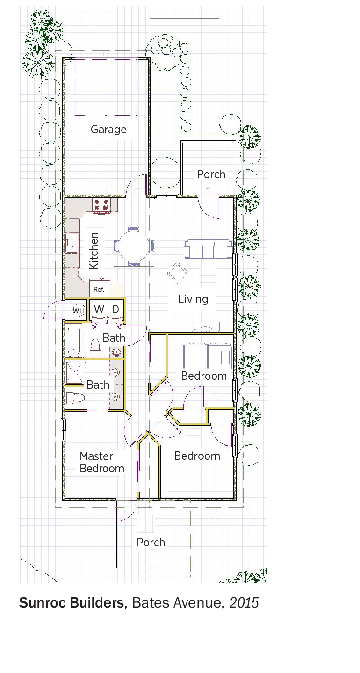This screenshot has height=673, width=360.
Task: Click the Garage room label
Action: (x=108, y=130)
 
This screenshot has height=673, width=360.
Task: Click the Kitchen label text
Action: (x=94, y=251)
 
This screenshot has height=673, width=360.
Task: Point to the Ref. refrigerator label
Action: (x=99, y=289)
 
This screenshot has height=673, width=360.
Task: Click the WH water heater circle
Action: (x=79, y=311)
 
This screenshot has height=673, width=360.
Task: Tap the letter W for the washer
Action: (x=99, y=309)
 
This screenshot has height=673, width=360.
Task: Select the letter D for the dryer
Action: (x=115, y=309)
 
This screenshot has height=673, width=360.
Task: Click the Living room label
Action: (x=193, y=299)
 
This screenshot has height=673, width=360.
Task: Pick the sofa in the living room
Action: (x=208, y=249)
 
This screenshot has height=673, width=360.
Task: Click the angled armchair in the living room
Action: (x=178, y=273)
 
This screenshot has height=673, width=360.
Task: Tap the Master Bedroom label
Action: (x=102, y=463)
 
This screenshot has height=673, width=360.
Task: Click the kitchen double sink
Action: (x=72, y=243)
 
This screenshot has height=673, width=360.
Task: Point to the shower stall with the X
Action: (x=74, y=373)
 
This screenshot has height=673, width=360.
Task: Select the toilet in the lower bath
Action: (x=75, y=398)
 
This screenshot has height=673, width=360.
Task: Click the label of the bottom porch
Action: (x=151, y=543)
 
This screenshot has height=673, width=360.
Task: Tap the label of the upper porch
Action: (x=211, y=174)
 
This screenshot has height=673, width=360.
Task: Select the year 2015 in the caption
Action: (x=244, y=603)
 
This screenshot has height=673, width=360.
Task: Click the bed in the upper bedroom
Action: (x=207, y=356)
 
